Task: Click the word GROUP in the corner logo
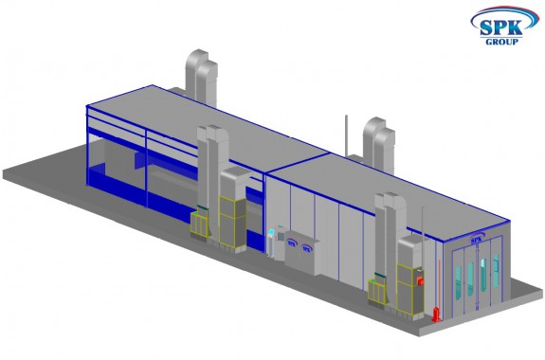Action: coord(501,42)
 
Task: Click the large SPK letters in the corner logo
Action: coord(500,27)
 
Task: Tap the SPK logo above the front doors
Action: coord(477,240)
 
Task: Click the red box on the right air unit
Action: coord(420,280)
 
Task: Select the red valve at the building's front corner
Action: coord(436,314)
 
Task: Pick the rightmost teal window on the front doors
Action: coord(496,271)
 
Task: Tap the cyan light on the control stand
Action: coord(271,232)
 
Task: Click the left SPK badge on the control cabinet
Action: coord(292,243)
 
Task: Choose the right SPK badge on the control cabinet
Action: coord(306,248)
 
